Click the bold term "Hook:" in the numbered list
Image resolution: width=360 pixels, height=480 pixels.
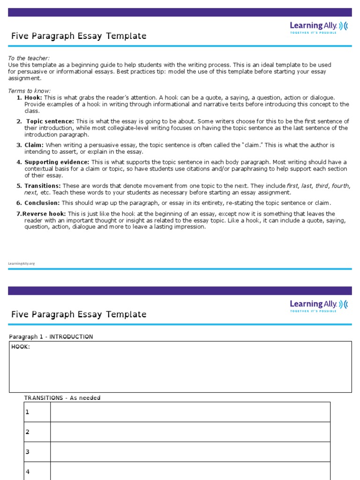(33, 97)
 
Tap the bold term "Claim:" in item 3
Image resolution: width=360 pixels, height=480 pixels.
(34, 145)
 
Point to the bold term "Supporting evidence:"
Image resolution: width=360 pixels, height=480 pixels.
(57, 162)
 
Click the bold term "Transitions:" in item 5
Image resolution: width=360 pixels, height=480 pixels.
(43, 186)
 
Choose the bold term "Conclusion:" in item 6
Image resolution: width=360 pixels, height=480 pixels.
(42, 203)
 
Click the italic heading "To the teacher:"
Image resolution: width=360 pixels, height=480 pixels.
(29, 58)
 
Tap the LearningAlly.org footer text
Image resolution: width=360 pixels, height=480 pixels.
(22, 263)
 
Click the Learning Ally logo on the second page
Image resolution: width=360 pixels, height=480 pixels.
(319, 306)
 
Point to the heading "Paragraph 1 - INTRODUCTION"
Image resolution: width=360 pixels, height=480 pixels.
(51, 337)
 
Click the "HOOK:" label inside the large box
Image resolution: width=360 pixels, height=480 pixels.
(21, 347)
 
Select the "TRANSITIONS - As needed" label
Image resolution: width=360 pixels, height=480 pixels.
(62, 398)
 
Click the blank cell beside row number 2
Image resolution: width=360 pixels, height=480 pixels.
(190, 432)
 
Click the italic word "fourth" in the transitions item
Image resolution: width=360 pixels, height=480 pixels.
(340, 186)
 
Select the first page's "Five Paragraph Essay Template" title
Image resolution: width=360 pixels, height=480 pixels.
(79, 36)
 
